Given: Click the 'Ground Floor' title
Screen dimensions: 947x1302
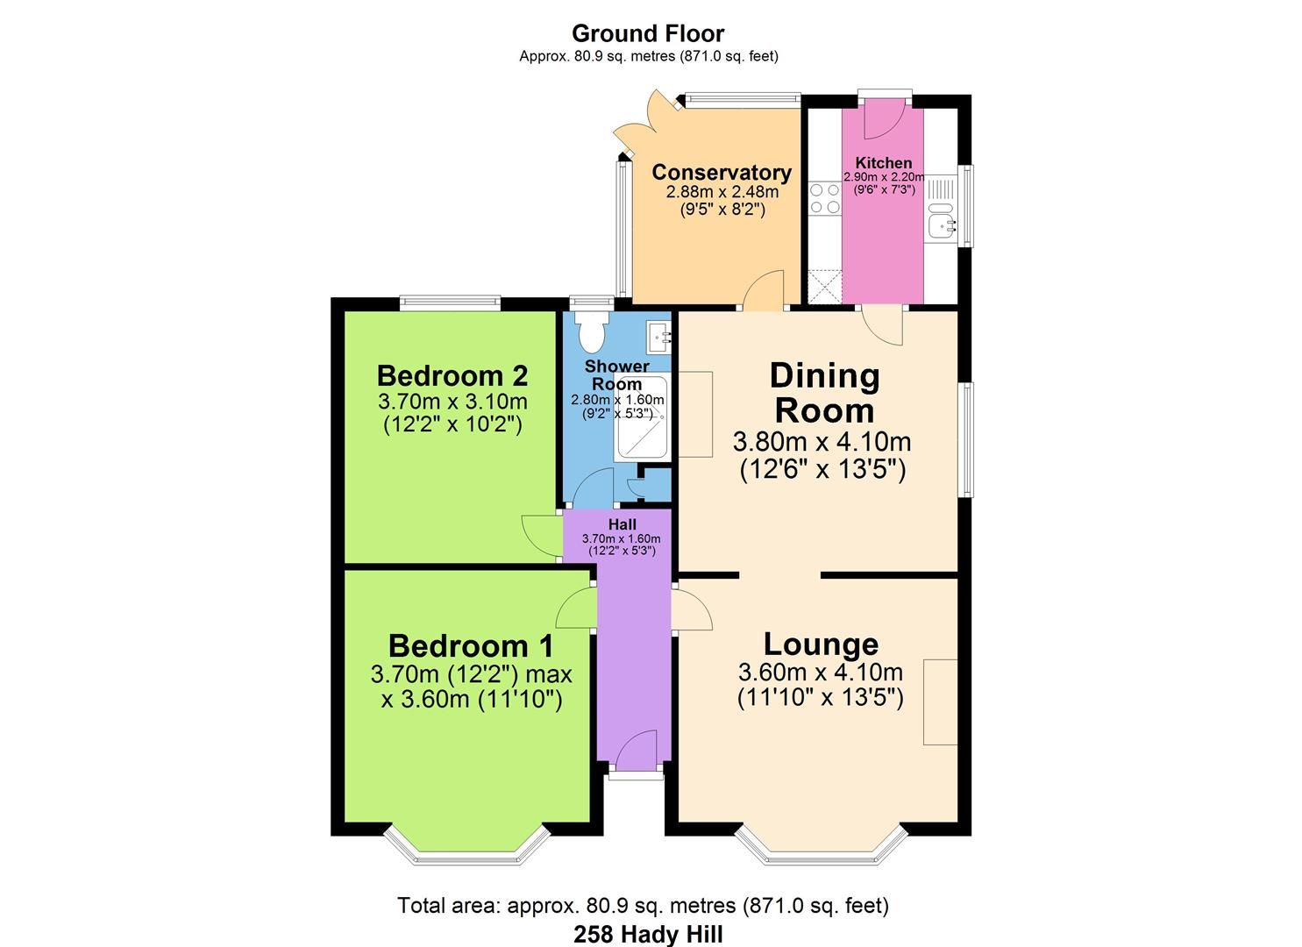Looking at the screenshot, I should tap(648, 33).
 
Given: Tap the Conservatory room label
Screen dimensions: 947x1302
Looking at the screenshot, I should tap(721, 172).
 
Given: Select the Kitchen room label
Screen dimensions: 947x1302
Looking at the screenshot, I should tap(883, 162).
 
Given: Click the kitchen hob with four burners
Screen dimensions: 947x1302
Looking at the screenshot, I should tap(823, 198).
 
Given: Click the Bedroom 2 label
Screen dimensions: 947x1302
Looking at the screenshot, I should tap(452, 375).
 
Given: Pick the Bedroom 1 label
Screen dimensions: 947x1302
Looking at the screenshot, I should tap(470, 646).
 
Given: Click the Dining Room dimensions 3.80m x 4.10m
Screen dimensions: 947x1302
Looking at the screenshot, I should tap(822, 442).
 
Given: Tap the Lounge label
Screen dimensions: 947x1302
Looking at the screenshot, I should tap(821, 644).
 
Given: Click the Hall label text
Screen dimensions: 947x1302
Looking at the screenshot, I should tap(622, 524).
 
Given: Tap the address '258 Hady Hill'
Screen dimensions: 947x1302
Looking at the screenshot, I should tap(648, 934).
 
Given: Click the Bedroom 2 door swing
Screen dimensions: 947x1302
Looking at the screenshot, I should tap(537, 533).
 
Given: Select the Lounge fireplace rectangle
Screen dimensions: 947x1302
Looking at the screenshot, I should tap(941, 701).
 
